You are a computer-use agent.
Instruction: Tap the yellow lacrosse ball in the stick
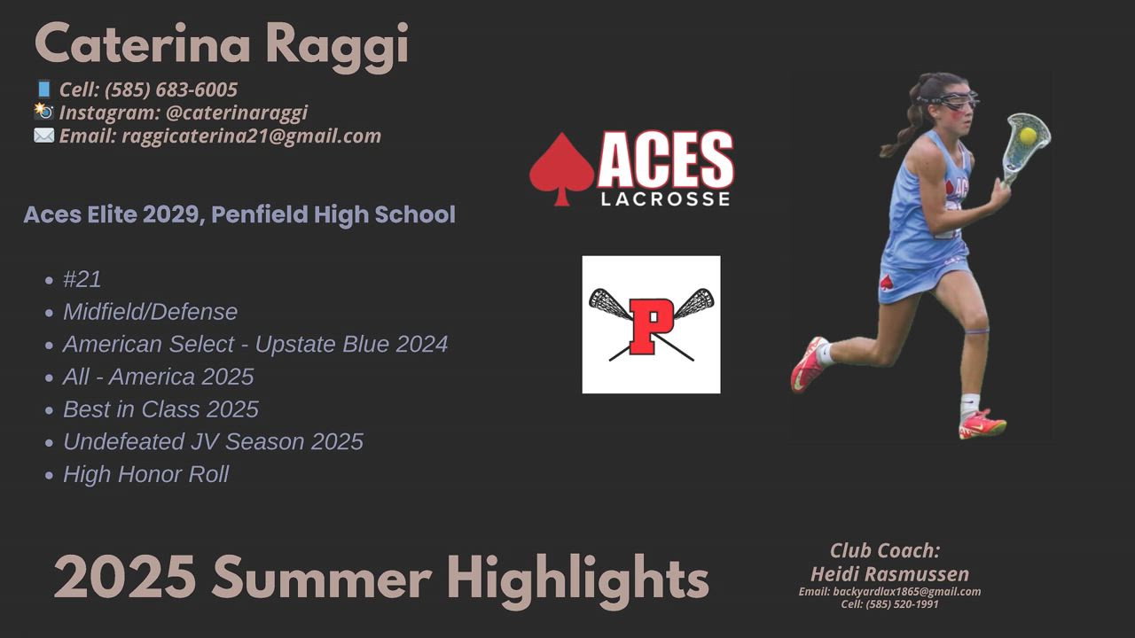coord(1028,136)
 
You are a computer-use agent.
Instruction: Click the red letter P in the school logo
coord(651,326)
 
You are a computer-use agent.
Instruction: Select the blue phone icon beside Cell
coord(44,89)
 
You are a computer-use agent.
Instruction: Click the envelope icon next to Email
coord(44,136)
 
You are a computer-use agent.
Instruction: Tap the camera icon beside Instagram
coord(44,112)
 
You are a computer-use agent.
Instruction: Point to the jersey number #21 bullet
coord(82,279)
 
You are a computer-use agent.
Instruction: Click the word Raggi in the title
coord(337,45)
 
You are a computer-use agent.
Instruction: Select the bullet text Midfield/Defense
coord(150,312)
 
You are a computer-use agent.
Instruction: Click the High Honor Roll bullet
coord(146,474)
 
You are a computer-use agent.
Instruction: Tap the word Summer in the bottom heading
coord(322,577)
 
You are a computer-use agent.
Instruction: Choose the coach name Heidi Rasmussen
coord(889,574)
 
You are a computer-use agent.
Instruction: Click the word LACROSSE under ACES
coord(665,198)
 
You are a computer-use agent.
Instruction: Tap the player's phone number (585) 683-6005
coord(171,89)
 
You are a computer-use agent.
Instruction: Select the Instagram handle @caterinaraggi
coord(237,113)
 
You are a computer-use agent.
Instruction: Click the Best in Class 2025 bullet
coord(160,409)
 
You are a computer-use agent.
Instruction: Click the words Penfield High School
coord(333,214)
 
